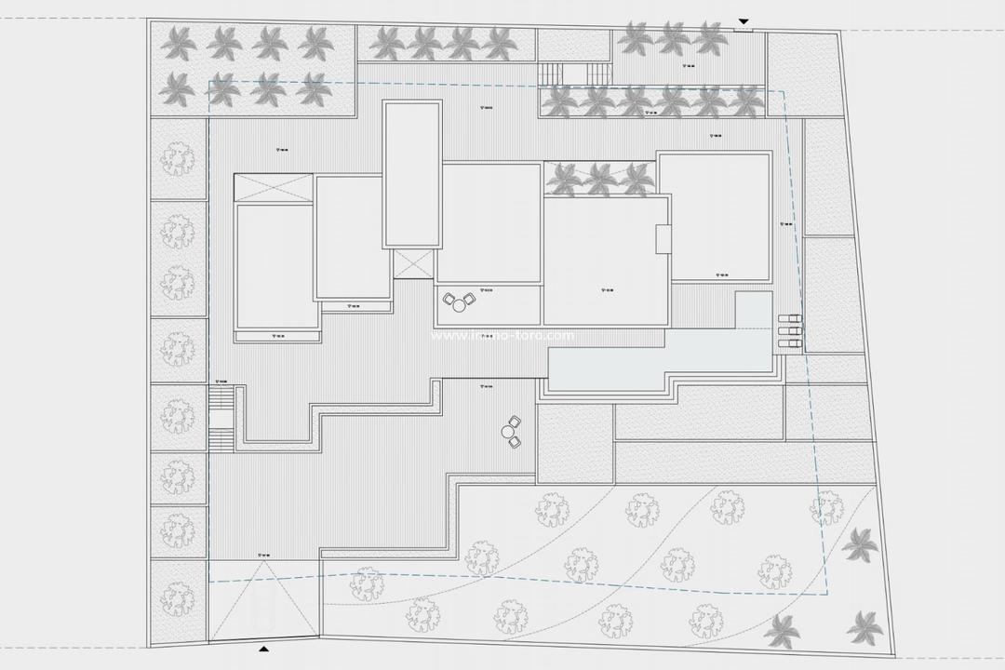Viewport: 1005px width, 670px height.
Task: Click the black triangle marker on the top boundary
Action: point(743,21)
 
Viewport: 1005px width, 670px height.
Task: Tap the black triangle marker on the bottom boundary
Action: point(265,648)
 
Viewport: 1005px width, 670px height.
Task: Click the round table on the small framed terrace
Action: point(459,303)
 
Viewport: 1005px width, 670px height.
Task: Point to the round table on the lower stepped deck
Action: point(509,431)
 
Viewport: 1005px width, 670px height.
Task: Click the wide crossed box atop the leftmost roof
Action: point(275,186)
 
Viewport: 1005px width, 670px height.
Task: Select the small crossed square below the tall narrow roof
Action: point(413,263)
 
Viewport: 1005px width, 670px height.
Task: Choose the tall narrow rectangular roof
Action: point(411,174)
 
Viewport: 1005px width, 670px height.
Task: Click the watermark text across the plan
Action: point(502,336)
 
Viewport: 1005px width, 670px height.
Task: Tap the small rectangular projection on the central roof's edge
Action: point(663,238)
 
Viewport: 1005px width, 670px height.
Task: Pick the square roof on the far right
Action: point(714,216)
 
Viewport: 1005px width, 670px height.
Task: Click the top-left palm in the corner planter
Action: point(178,41)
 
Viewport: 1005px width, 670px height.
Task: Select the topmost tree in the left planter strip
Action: point(176,159)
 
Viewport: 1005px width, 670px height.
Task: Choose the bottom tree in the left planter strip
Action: point(176,596)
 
